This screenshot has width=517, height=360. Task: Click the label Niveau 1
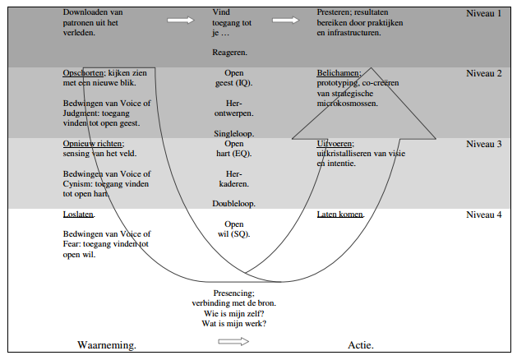pyautogui.click(x=483, y=14)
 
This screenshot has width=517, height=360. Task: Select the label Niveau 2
pyautogui.click(x=483, y=73)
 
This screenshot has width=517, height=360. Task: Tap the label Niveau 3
pyautogui.click(x=483, y=144)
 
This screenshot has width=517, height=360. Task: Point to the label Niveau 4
pyautogui.click(x=483, y=215)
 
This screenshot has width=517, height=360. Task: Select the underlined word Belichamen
pyautogui.click(x=339, y=73)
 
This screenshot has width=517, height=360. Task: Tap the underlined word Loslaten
pyautogui.click(x=79, y=215)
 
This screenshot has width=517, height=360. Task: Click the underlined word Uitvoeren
pyautogui.click(x=335, y=144)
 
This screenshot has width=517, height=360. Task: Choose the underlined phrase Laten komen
pyautogui.click(x=340, y=215)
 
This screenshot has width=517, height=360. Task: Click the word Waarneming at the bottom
pyautogui.click(x=107, y=344)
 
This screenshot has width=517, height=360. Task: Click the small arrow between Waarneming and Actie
pyautogui.click(x=233, y=342)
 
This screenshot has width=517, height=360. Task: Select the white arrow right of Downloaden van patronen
pyautogui.click(x=181, y=20)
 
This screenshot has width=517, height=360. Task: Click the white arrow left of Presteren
pyautogui.click(x=286, y=20)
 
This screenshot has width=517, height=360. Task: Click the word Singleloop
pyautogui.click(x=234, y=132)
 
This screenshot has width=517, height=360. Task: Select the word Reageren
pyautogui.click(x=230, y=52)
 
